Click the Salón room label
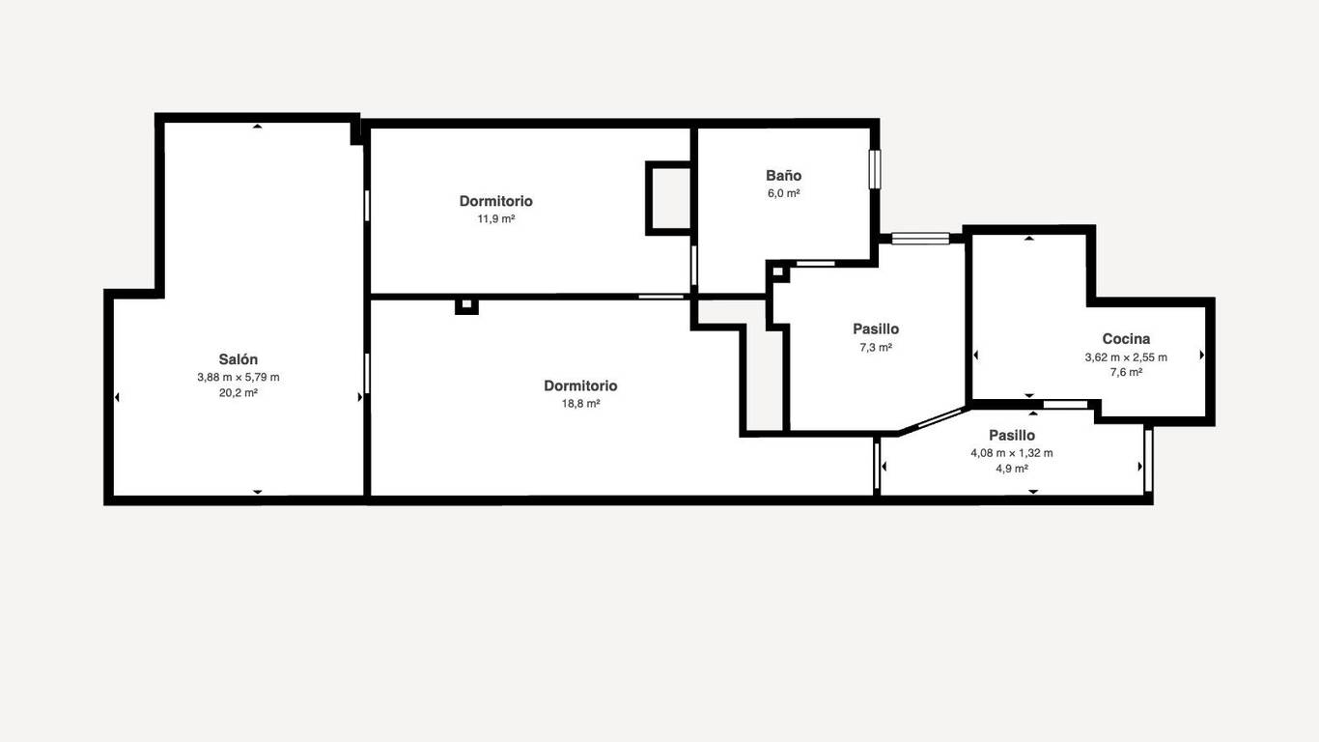click(238, 358)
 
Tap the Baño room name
click(783, 175)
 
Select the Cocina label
click(1126, 339)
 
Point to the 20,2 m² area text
click(238, 392)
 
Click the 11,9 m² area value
click(495, 218)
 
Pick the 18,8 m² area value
click(580, 403)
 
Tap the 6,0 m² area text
click(783, 192)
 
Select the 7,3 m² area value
click(876, 347)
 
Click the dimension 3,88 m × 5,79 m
click(238, 377)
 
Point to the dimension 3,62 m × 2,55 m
click(1126, 357)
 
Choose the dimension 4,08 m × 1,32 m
click(1012, 453)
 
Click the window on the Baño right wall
click(875, 169)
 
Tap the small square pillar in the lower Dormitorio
click(466, 306)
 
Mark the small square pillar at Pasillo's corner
click(778, 271)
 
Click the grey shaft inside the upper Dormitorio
click(669, 198)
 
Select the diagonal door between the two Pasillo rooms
click(931, 419)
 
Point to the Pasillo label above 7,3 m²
click(876, 328)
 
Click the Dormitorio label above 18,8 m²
click(580, 385)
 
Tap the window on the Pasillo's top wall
click(920, 238)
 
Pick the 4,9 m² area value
click(1012, 469)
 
